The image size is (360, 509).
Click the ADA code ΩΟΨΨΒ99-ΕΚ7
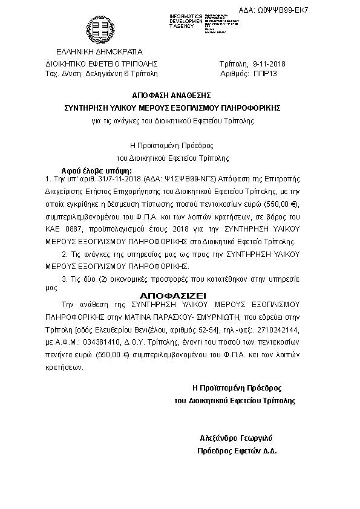316,11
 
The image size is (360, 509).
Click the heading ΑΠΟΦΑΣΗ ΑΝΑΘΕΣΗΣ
171,96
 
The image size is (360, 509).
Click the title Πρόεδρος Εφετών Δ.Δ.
237,451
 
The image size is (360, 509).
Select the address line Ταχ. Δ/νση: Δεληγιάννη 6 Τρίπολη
102,73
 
